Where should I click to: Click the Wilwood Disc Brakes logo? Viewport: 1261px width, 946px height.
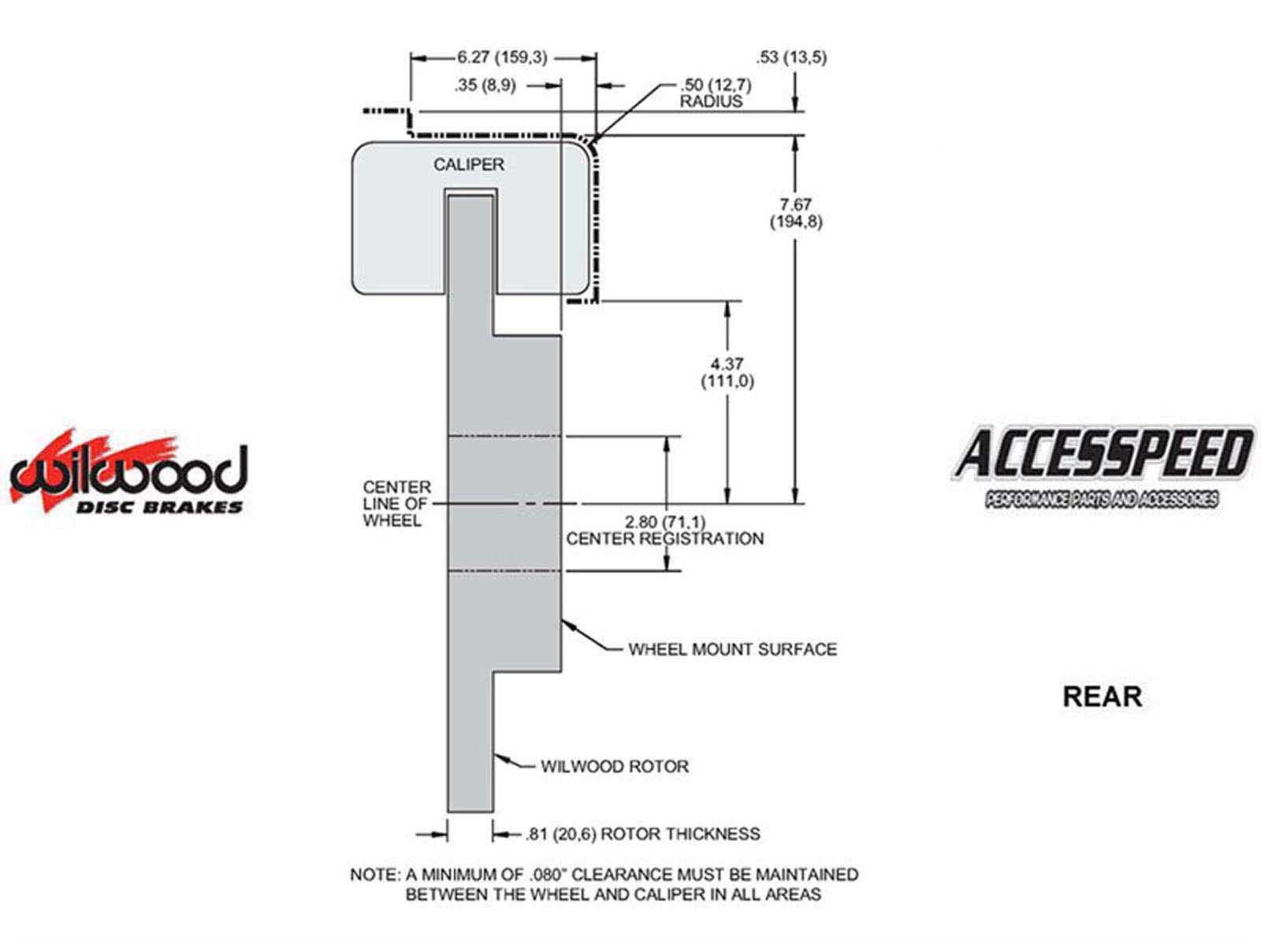click(x=128, y=474)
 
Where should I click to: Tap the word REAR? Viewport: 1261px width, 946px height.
click(x=1102, y=697)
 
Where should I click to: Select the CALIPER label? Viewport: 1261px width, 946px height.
click(x=468, y=165)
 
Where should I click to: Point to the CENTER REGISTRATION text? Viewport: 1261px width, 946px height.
click(x=665, y=539)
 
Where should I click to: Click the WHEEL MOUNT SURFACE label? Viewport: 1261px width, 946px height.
click(x=732, y=650)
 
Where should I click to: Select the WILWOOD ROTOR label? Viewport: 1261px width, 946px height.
click(x=615, y=766)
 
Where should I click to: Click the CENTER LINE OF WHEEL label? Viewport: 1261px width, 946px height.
click(x=397, y=504)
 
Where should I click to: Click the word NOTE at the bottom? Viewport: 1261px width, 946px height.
click(x=374, y=874)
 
